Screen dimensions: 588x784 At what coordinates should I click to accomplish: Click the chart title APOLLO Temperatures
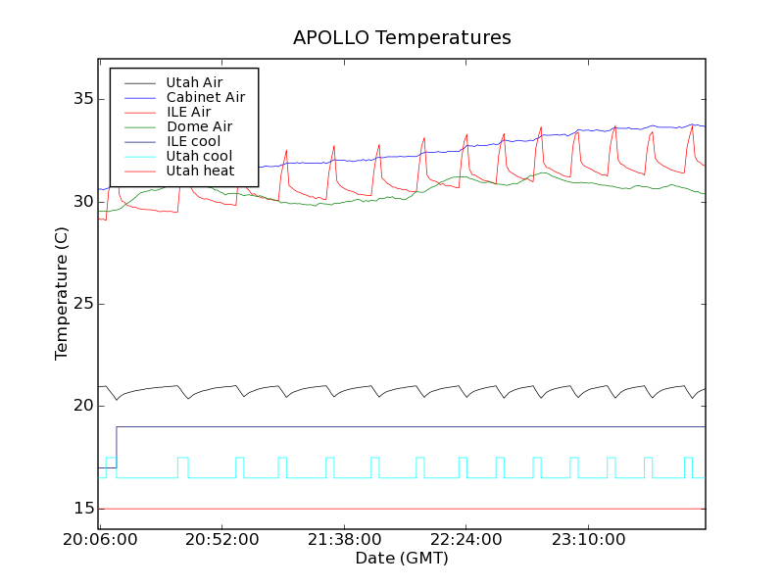pyautogui.click(x=402, y=38)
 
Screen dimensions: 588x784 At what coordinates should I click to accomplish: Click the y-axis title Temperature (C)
pyautogui.click(x=62, y=294)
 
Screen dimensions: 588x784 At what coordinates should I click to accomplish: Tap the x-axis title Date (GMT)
pyautogui.click(x=402, y=558)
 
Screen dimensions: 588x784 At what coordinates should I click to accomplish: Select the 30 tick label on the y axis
pyautogui.click(x=81, y=202)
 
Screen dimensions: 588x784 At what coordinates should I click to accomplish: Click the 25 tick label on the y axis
pyautogui.click(x=81, y=304)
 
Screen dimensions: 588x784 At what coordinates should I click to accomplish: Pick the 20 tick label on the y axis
pyautogui.click(x=81, y=406)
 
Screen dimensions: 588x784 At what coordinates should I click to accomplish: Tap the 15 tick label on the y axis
pyautogui.click(x=81, y=509)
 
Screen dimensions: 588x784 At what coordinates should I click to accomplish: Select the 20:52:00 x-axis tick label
pyautogui.click(x=222, y=540)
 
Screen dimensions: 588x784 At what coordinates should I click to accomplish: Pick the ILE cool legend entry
pyautogui.click(x=193, y=141)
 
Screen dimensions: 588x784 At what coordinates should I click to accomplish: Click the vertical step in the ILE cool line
pyautogui.click(x=117, y=447)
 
